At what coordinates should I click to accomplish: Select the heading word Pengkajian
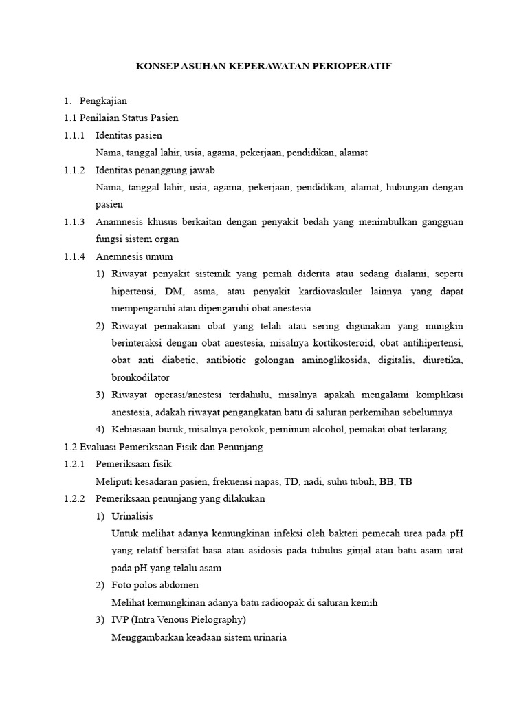(x=103, y=100)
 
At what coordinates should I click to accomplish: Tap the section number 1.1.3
(x=74, y=222)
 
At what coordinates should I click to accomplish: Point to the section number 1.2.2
(x=74, y=498)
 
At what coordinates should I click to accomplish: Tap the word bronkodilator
(x=140, y=377)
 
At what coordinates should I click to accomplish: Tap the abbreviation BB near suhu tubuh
(x=386, y=481)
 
